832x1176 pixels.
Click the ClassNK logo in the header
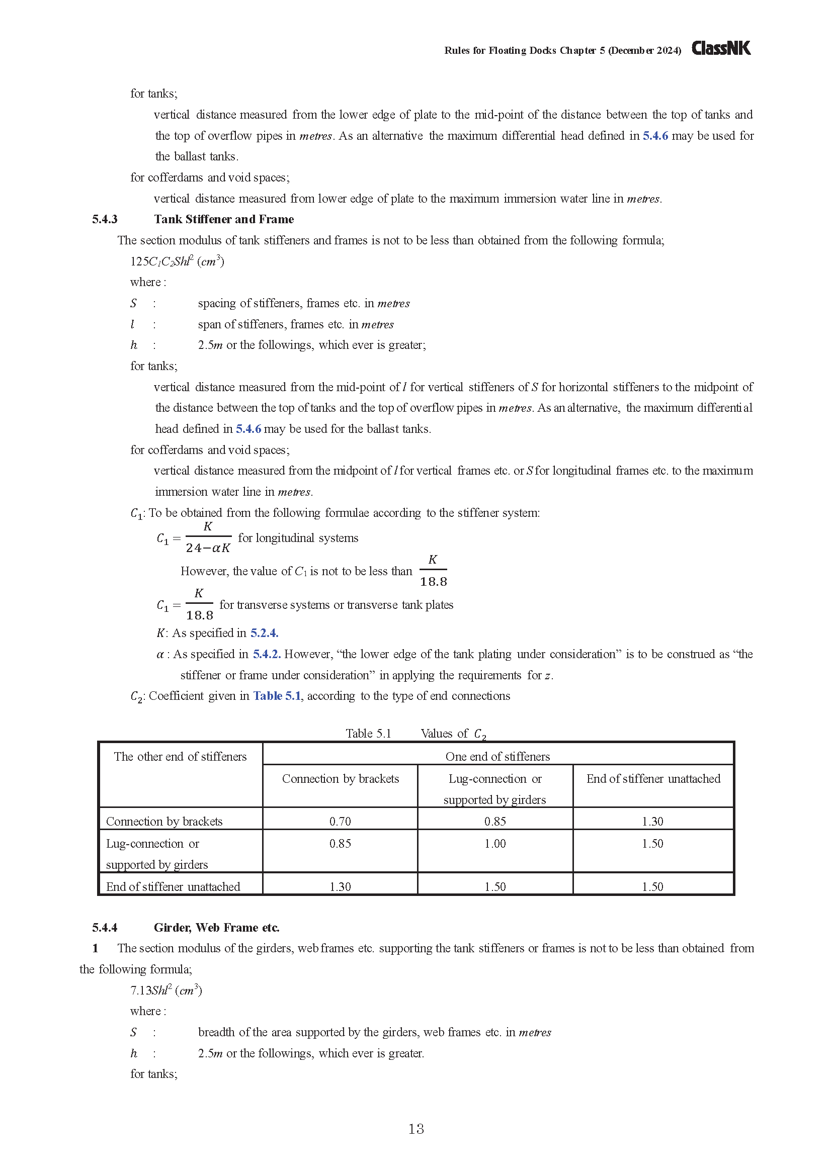pyautogui.click(x=721, y=48)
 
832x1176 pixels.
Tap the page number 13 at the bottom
pyautogui.click(x=416, y=1128)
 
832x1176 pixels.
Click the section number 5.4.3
pyautogui.click(x=105, y=219)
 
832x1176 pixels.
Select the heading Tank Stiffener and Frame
pyautogui.click(x=224, y=219)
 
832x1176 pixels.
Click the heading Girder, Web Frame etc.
pyautogui.click(x=216, y=927)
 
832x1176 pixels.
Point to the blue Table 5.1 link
pyautogui.click(x=277, y=695)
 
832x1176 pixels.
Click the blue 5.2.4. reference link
pyautogui.click(x=265, y=633)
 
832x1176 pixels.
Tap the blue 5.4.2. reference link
pyautogui.click(x=267, y=654)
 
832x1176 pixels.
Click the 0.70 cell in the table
pyautogui.click(x=340, y=821)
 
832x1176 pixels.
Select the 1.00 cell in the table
pyautogui.click(x=495, y=843)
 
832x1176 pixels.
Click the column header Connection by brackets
pyautogui.click(x=340, y=778)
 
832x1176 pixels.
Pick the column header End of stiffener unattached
pyautogui.click(x=653, y=778)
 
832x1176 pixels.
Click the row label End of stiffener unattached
pyautogui.click(x=173, y=886)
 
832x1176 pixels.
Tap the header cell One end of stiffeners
pyautogui.click(x=497, y=757)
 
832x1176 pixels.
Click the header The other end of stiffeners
pyautogui.click(x=181, y=757)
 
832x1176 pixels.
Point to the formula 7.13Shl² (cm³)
pyautogui.click(x=166, y=990)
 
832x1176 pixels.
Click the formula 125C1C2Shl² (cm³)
pyautogui.click(x=177, y=261)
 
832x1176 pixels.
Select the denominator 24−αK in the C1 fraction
pyautogui.click(x=207, y=548)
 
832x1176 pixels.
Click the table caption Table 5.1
pyautogui.click(x=368, y=734)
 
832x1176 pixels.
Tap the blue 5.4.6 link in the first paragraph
pyautogui.click(x=655, y=136)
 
